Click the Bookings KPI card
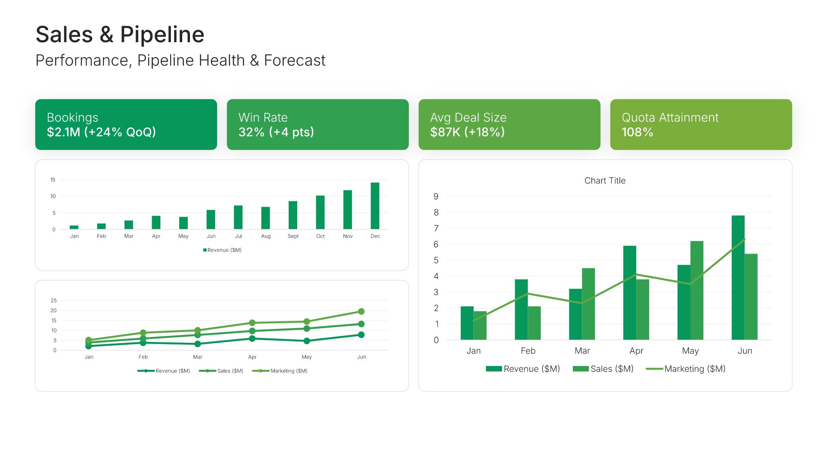(126, 124)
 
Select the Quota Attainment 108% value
(637, 132)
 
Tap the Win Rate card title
(263, 118)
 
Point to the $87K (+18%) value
(467, 132)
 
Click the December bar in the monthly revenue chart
(375, 206)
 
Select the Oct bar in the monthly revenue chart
(320, 212)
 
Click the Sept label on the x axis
(293, 236)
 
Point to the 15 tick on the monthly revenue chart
(53, 180)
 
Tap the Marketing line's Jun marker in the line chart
(361, 311)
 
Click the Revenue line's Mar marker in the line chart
(198, 344)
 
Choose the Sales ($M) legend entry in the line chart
(230, 371)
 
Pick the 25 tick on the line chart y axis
(53, 301)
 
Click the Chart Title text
(605, 181)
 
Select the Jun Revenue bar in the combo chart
(738, 278)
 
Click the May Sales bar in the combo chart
(696, 291)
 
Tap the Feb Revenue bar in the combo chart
(521, 310)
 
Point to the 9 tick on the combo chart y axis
(436, 197)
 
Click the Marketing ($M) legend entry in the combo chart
(694, 369)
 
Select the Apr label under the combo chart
(636, 351)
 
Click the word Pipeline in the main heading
(162, 34)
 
